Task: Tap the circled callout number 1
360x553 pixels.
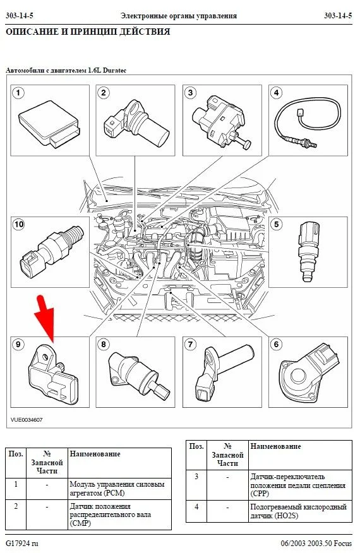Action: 18,93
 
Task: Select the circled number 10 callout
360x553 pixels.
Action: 19,224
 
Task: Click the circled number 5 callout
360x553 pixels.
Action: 277,224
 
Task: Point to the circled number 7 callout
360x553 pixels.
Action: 190,344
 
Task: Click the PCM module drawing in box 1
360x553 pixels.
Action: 49,123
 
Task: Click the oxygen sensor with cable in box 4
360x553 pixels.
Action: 308,121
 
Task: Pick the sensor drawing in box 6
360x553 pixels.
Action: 309,374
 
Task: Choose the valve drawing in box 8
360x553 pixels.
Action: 138,376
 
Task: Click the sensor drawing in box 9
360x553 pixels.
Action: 53,374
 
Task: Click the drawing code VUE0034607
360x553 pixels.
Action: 27,420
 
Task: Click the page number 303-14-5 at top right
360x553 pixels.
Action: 338,16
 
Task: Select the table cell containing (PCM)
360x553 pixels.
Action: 119,489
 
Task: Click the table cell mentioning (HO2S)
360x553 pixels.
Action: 301,511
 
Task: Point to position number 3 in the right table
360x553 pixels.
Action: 196,477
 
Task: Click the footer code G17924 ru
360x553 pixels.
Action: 21,543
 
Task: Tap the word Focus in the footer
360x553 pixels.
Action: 342,543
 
